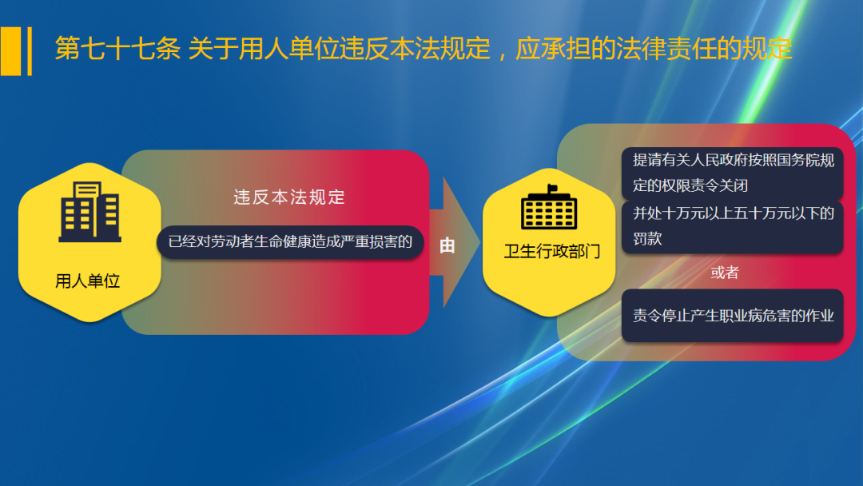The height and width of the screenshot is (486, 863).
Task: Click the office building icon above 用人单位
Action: (89, 211)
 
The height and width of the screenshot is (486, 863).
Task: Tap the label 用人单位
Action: (88, 281)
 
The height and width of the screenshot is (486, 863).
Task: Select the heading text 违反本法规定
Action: (289, 197)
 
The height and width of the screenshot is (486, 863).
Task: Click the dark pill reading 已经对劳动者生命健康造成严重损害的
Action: (290, 241)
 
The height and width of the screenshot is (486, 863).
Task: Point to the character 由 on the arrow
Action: (447, 246)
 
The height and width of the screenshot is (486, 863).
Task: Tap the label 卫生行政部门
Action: (552, 252)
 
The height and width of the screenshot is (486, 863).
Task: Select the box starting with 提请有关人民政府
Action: (733, 173)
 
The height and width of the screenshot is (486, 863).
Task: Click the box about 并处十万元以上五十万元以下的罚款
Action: (733, 225)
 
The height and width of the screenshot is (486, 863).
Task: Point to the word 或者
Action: (725, 273)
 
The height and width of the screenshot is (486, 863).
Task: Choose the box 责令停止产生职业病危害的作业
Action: (733, 315)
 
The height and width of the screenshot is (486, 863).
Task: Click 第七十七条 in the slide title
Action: (117, 49)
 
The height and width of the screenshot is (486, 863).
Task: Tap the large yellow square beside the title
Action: (10, 51)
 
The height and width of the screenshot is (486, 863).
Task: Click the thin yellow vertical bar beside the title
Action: (30, 51)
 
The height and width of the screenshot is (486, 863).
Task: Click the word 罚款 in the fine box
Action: (648, 238)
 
